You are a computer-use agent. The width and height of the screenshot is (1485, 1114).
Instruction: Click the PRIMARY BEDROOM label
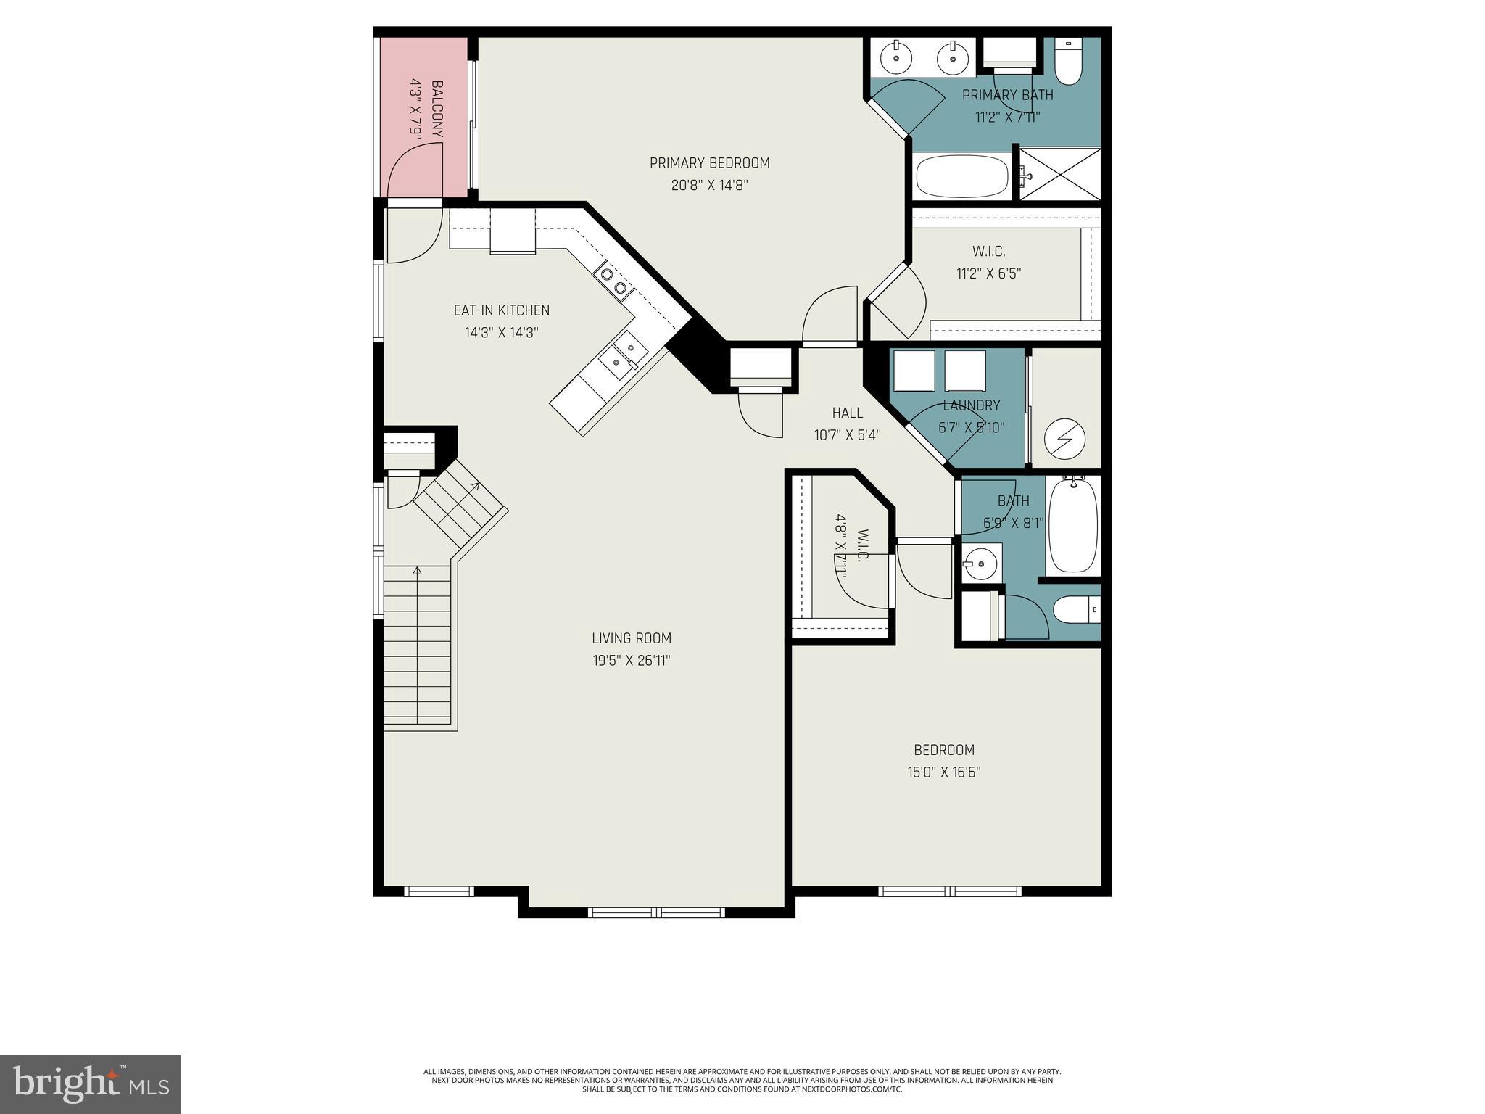[x=709, y=163]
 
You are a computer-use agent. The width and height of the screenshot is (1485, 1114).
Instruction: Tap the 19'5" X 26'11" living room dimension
[x=631, y=661]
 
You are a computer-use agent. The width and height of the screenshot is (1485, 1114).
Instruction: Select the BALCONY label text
[x=437, y=109]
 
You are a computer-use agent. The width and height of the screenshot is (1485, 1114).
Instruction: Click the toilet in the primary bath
[x=1067, y=62]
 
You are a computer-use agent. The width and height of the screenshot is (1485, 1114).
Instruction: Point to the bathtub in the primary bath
[x=961, y=176]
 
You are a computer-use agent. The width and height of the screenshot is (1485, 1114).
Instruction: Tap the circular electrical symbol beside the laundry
[x=1064, y=439]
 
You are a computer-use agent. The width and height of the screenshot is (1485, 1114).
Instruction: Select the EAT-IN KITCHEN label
[x=501, y=310]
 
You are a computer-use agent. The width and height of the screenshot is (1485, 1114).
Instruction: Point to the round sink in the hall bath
[x=982, y=563]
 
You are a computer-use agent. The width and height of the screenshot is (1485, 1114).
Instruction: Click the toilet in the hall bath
[x=1076, y=609]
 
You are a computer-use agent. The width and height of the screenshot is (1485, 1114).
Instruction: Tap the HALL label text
[x=847, y=413]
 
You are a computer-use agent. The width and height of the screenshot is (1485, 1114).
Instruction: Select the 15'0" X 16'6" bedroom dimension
[x=943, y=772]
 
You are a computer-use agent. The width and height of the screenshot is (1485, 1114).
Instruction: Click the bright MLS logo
[x=91, y=1084]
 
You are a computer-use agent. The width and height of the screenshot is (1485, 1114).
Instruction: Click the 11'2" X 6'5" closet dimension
[x=988, y=274]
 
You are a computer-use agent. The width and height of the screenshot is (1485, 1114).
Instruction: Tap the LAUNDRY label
[x=971, y=405]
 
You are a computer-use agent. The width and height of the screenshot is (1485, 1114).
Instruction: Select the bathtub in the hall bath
[x=1073, y=525]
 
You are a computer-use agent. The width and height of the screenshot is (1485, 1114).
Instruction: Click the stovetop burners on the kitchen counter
[x=612, y=281]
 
